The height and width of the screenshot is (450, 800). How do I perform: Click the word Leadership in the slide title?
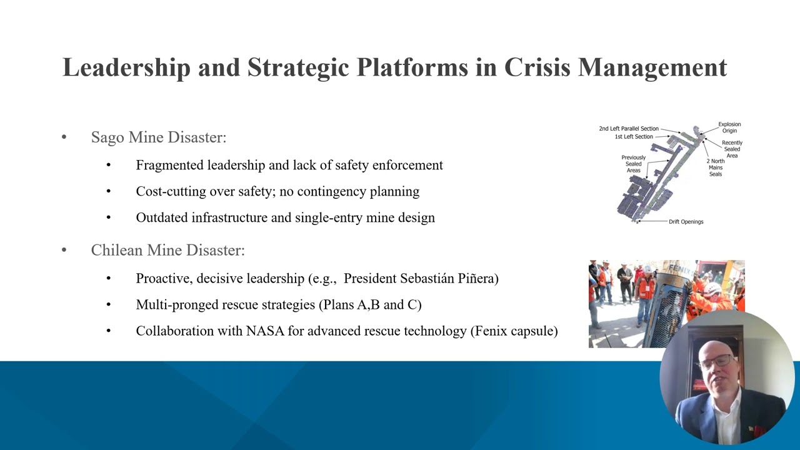126,67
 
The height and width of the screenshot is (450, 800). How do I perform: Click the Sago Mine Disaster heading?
159,137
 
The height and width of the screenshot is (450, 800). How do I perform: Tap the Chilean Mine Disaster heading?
167,251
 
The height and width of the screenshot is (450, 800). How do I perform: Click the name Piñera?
477,278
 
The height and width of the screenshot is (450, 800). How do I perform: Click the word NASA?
265,331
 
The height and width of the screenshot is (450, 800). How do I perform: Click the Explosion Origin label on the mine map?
729,127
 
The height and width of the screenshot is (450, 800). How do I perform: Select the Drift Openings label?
686,221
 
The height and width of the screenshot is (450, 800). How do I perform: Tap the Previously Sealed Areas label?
633,164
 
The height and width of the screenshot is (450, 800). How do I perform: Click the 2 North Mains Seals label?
716,167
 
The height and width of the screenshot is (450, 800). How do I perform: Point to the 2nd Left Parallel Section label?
629,129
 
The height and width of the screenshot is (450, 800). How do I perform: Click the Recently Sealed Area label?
732,149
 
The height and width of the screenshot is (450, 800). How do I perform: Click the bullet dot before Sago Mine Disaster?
64,137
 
